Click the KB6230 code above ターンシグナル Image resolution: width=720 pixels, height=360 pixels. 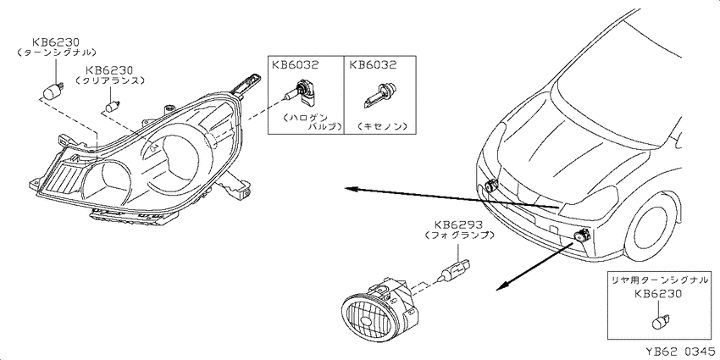(55, 42)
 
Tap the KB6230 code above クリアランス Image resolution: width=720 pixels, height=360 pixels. (109, 70)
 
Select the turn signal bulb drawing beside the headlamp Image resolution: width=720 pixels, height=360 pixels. (52, 91)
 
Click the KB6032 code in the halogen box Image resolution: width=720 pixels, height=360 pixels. (296, 64)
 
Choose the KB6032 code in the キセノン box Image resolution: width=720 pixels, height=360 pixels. (373, 64)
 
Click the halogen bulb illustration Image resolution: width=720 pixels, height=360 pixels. (301, 92)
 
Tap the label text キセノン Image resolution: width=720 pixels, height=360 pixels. (379, 125)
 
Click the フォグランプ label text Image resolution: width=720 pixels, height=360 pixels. (460, 235)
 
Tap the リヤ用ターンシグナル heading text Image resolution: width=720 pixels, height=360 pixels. (658, 279)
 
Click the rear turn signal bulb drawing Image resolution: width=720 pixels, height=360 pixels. (661, 320)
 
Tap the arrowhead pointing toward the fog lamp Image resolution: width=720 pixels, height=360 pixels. (502, 285)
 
